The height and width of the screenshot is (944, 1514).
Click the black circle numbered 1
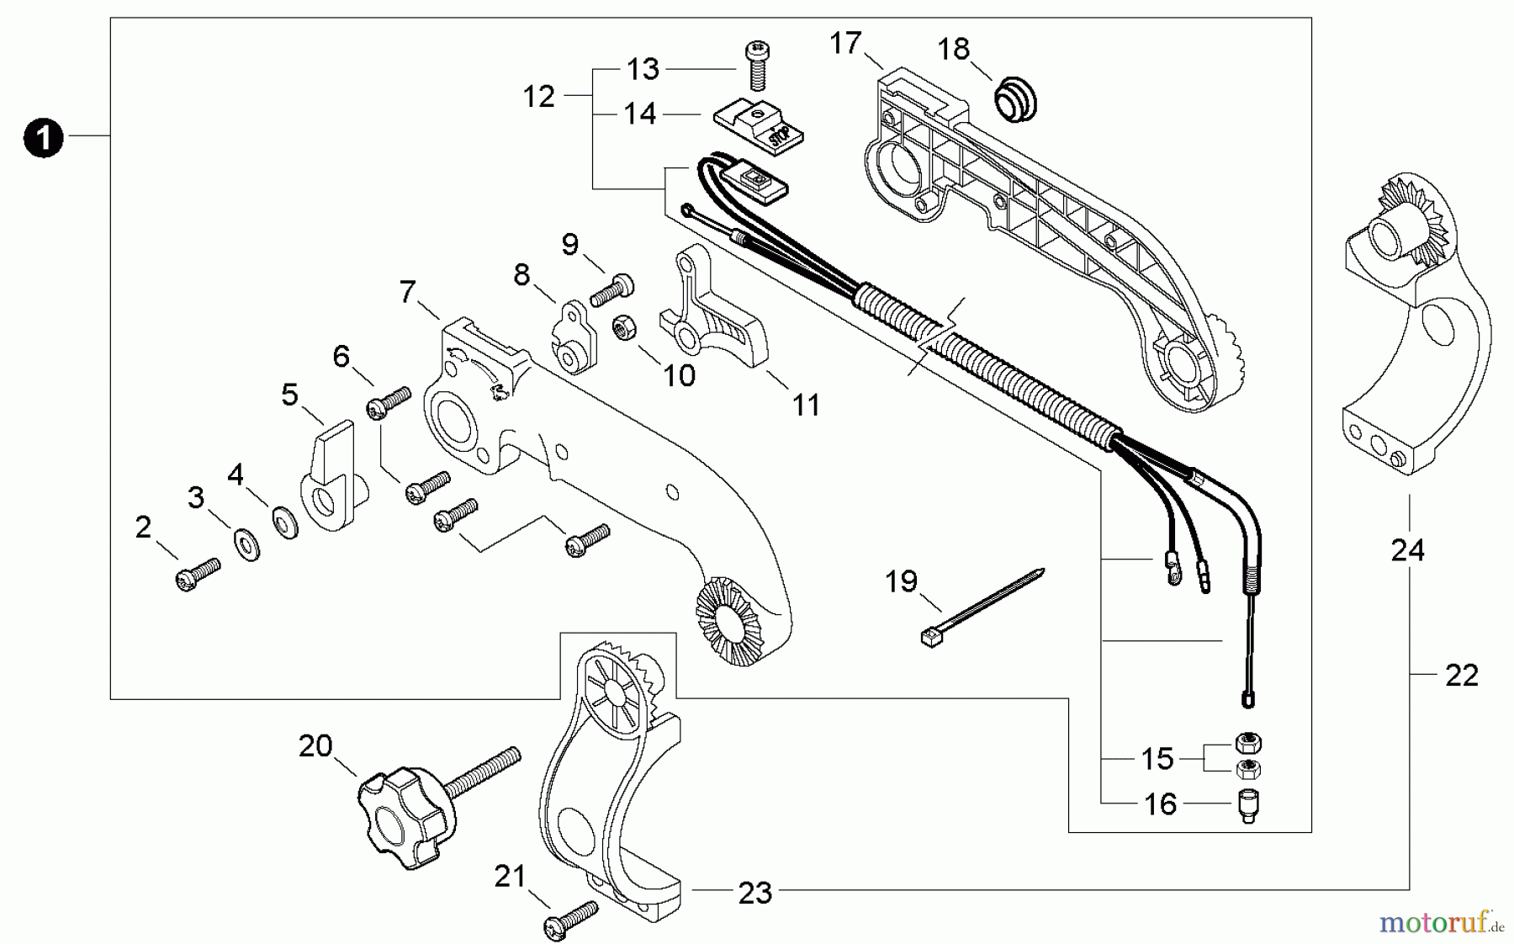(44, 137)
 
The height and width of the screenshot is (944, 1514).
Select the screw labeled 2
(197, 575)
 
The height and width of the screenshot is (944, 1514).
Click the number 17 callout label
(846, 42)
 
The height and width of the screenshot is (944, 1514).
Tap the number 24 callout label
(1407, 551)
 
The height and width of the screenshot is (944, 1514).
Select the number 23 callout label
(754, 894)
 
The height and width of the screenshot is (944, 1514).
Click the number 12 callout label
(538, 97)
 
